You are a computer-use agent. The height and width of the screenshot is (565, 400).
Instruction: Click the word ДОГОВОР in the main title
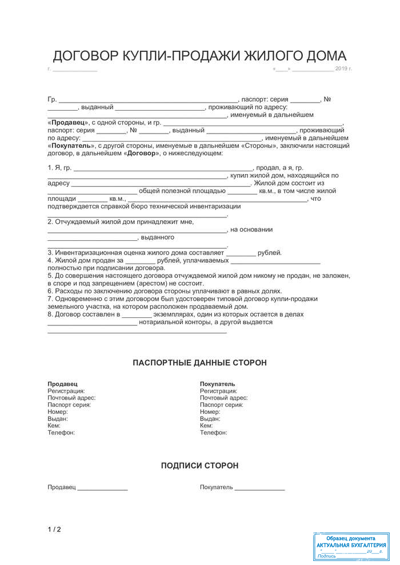[x=85, y=56]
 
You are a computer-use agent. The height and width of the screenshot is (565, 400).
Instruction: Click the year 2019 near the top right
[x=341, y=69]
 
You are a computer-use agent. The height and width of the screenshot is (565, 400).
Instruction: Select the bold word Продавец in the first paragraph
[x=68, y=123]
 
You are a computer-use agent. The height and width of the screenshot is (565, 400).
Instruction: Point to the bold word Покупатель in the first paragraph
[x=72, y=146]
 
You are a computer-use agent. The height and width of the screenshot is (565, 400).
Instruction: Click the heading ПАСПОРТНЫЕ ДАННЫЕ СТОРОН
[x=199, y=363]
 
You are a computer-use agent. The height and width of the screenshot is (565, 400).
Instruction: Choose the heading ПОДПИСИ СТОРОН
[x=199, y=466]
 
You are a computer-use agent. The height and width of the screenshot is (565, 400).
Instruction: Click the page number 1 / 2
[x=54, y=530]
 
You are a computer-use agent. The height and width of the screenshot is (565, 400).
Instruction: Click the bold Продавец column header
[x=62, y=384]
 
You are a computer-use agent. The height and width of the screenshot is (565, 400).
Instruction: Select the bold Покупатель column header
[x=217, y=384]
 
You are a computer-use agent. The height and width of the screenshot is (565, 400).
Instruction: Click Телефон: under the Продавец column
[x=61, y=433]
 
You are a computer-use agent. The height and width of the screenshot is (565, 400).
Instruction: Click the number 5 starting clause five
[x=50, y=276]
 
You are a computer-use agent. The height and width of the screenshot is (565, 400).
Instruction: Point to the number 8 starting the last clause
[x=50, y=314]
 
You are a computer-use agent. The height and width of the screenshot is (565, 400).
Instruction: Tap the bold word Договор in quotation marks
[x=141, y=154]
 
